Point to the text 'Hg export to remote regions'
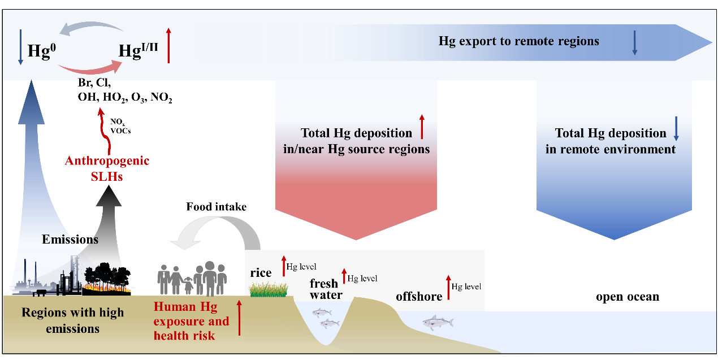[x=518, y=41]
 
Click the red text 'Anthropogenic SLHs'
[x=107, y=168]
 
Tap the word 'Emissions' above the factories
[x=70, y=239]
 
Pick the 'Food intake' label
[x=217, y=207]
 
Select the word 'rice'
[x=261, y=273]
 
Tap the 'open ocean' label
[x=628, y=297]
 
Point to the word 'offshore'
[x=419, y=296]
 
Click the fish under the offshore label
[x=438, y=323]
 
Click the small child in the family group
[x=188, y=285]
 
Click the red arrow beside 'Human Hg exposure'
[x=239, y=318]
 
